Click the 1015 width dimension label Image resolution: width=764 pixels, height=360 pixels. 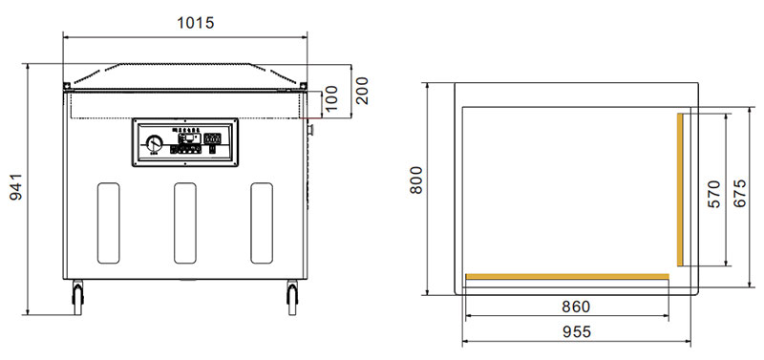[x=196, y=22]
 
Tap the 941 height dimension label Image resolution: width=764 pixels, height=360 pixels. [x=16, y=187]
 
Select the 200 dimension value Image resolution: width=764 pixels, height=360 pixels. [x=362, y=91]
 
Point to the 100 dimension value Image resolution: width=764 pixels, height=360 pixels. [x=330, y=98]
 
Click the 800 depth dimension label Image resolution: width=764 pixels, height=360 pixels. [x=415, y=180]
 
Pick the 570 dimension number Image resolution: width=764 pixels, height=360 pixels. [x=713, y=195]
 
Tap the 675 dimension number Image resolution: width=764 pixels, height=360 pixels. [x=739, y=194]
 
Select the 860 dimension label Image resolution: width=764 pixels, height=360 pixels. [x=576, y=307]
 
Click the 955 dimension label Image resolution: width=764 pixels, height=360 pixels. [x=577, y=331]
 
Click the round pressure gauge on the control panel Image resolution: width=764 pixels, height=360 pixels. [x=155, y=144]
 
